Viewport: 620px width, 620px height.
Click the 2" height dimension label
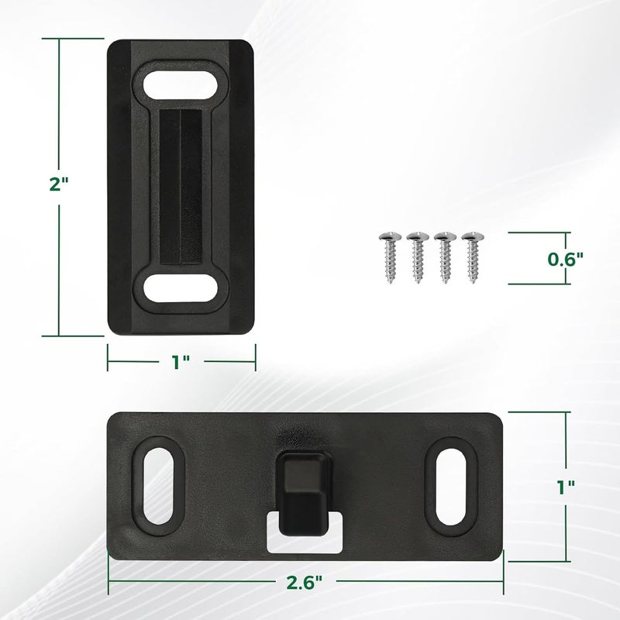pos(59,184)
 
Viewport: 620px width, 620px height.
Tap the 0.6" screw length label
pos(566,259)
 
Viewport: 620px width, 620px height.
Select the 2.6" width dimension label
pos(305,583)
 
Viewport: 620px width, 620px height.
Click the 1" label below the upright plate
pos(181,362)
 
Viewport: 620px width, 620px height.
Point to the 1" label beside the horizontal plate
pos(567,487)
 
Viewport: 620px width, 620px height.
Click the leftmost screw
pos(391,258)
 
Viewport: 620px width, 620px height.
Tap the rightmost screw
pos(473,258)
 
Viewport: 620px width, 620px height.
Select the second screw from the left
pos(418,258)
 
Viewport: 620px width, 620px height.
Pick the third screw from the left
pos(445,258)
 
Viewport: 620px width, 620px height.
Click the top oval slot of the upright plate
pos(181,84)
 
